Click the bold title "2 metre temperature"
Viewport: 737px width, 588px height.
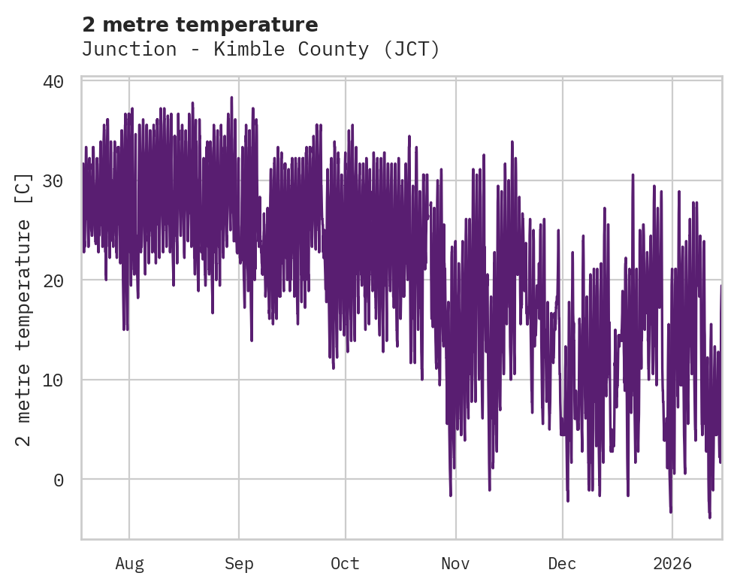[200, 25]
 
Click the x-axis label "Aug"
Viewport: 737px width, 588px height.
[129, 564]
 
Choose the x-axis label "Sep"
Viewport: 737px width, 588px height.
[239, 564]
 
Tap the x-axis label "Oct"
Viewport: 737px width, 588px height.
[345, 564]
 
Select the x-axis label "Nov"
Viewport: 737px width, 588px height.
[455, 564]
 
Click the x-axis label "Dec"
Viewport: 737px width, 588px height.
[562, 564]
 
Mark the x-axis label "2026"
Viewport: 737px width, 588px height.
[672, 564]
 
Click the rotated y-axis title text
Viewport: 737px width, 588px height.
[24, 308]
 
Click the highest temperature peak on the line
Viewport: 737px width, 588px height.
[231, 97]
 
